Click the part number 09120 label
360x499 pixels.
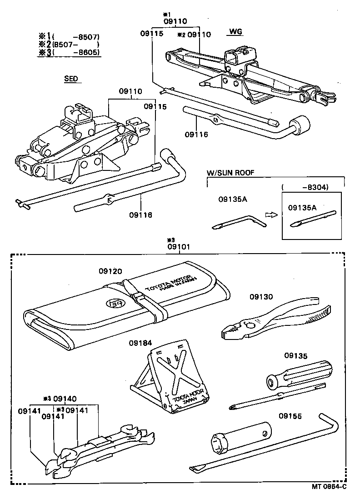(x=110, y=271)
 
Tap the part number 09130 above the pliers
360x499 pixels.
(x=261, y=297)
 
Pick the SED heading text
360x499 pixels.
(x=71, y=79)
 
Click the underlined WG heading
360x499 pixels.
(x=235, y=32)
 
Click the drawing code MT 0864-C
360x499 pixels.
(x=329, y=487)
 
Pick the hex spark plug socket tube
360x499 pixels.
(x=241, y=436)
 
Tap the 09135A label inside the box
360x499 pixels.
(x=302, y=207)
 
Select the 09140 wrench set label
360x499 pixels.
(x=65, y=399)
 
